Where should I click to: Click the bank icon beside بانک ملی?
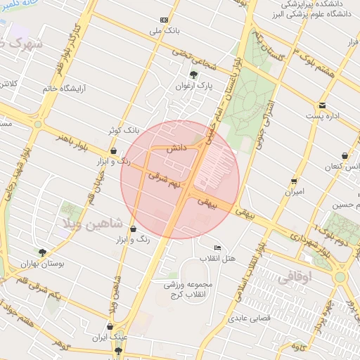(x=165, y=20)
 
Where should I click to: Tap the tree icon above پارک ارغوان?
(x=193, y=74)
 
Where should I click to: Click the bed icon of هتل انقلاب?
(x=217, y=248)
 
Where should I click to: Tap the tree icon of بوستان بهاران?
(x=42, y=252)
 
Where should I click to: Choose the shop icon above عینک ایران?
(x=109, y=326)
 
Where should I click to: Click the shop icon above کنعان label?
(x=343, y=155)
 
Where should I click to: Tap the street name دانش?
(x=176, y=149)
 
